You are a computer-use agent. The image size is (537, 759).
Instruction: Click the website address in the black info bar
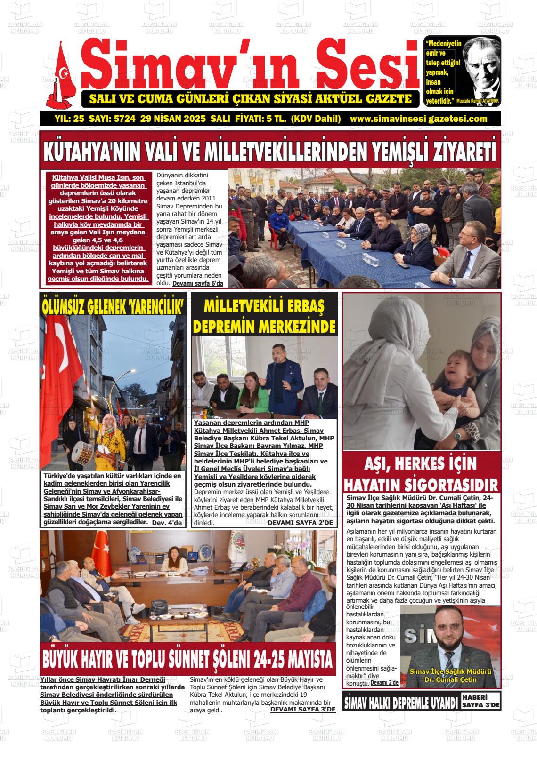coord(418,119)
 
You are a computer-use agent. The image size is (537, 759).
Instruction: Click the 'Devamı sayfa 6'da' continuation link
coord(197,284)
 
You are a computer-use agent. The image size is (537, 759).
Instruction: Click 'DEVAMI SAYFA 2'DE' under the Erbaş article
coord(300,523)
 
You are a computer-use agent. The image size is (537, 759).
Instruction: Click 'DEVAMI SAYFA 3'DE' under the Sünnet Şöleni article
coord(302,709)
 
